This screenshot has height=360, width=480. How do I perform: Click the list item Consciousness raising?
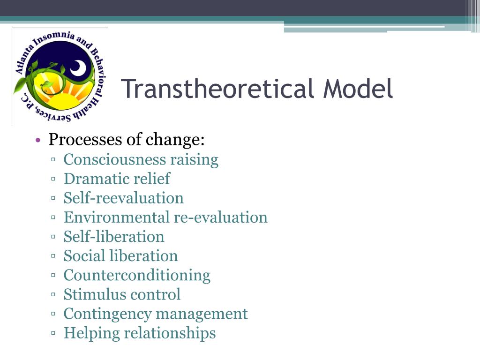coord(141,160)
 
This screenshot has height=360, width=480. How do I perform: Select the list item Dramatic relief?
coord(117,179)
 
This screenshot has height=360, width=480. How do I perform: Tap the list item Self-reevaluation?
coord(123,198)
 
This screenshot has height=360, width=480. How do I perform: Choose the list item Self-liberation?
coord(114,237)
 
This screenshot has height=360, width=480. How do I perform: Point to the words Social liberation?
coord(120,256)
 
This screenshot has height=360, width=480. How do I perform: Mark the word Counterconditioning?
coord(137,275)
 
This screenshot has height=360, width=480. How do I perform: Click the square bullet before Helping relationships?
coord(54,333)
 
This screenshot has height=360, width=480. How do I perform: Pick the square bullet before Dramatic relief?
coord(54,179)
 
